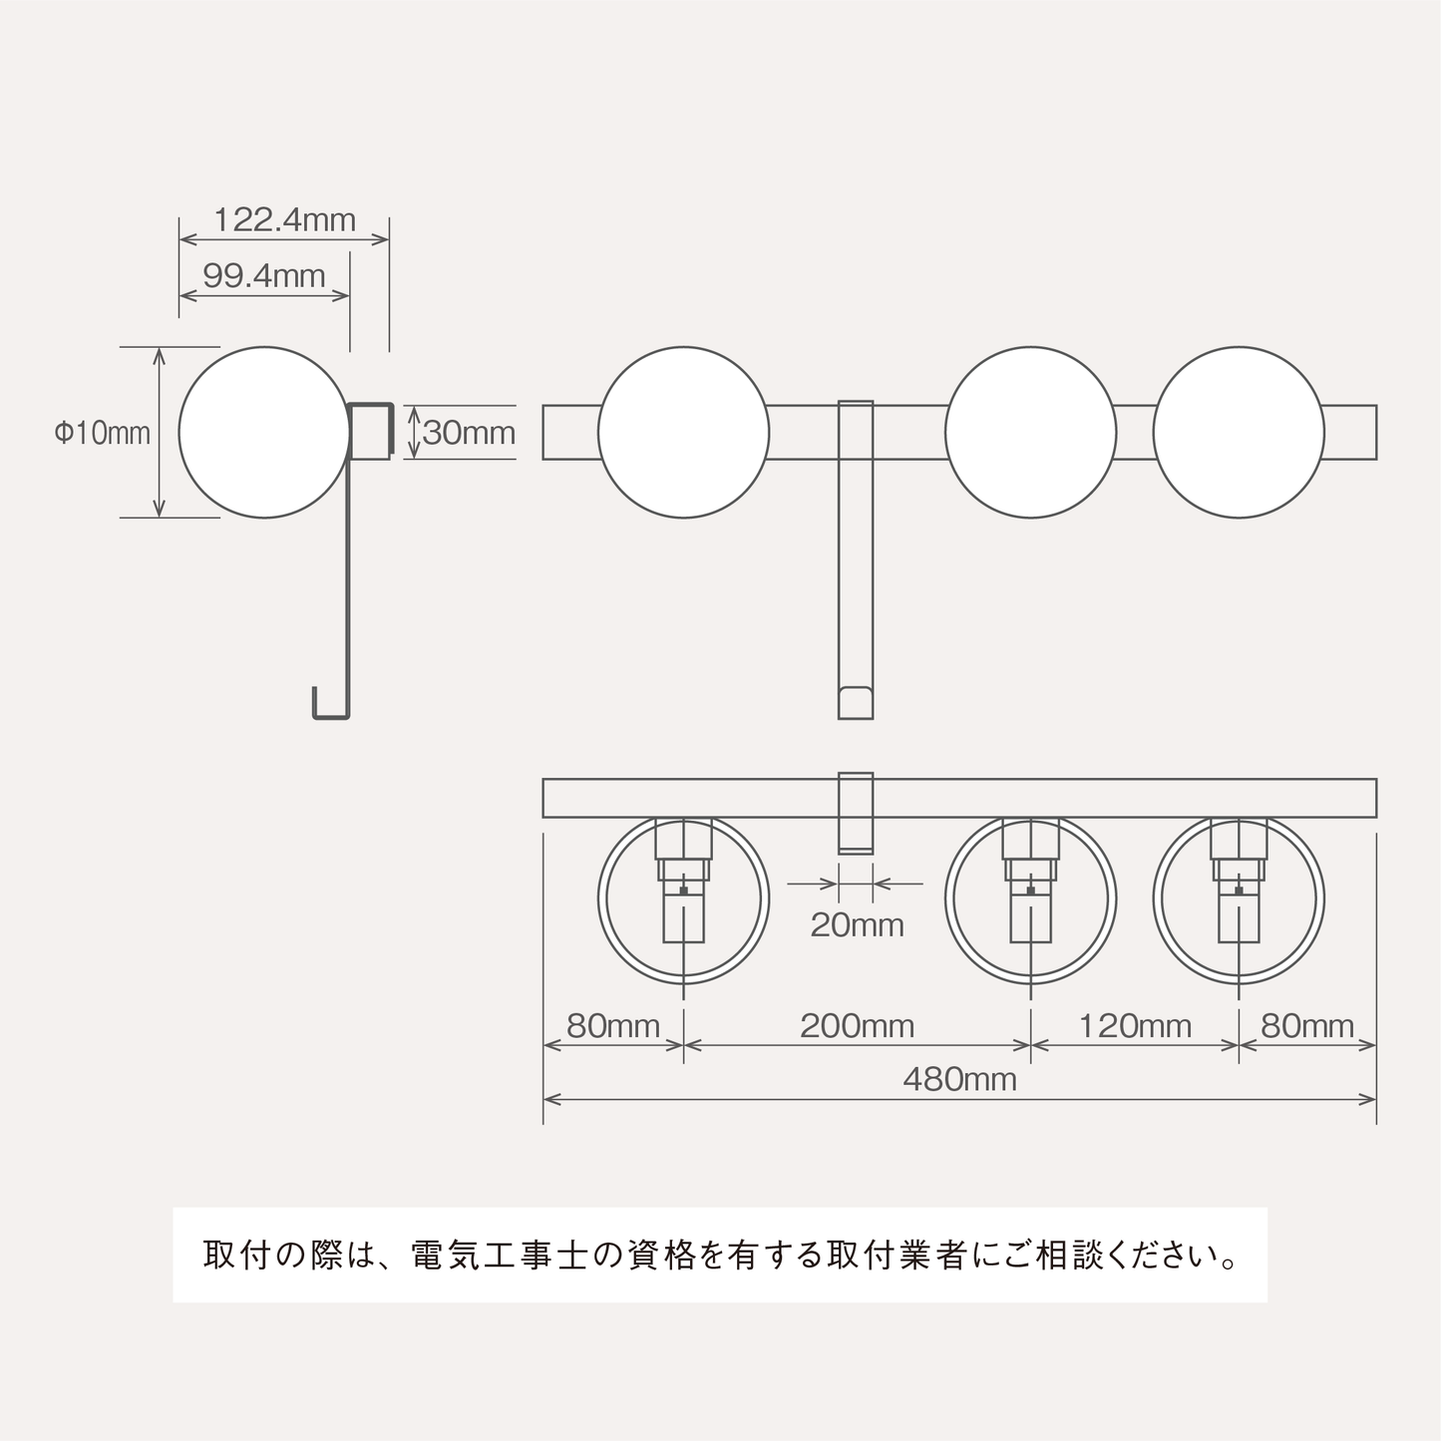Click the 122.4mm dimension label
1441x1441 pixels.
coord(284,219)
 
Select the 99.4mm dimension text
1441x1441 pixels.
coord(264,275)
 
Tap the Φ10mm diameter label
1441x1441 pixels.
coord(102,433)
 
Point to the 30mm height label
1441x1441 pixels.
coord(469,433)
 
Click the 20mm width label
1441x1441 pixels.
coord(857,925)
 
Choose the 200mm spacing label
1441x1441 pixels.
coord(857,1026)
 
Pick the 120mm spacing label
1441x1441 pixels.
coord(1135,1026)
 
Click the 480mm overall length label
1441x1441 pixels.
coord(959,1079)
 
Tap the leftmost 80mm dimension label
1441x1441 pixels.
coord(613,1026)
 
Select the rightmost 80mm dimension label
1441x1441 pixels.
coord(1307,1026)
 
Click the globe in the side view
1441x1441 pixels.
coord(264,433)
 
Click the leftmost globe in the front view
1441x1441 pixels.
coord(683,433)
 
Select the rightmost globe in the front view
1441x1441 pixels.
coord(1239,433)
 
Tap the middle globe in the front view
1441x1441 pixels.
coord(1030,433)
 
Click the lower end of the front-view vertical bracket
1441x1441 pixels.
coord(856,702)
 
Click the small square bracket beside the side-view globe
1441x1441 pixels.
coord(370,431)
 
